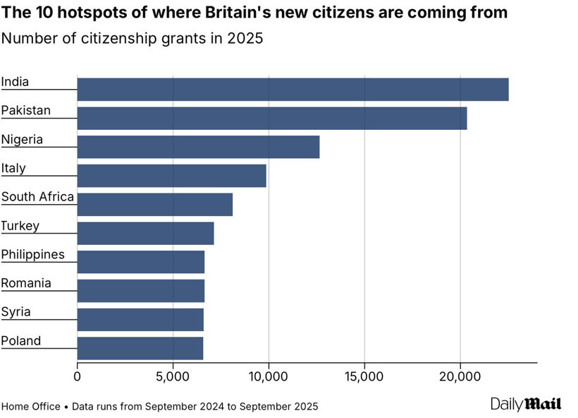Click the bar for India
pos(293,90)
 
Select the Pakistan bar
pos(271,119)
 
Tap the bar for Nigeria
pos(198,147)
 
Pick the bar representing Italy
pos(171,176)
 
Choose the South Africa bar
pos(154,204)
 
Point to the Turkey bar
pos(145,233)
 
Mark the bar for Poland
pos(140,348)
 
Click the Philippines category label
pos(32,254)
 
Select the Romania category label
pos(26,283)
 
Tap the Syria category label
pos(16,312)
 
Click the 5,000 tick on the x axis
pos(173,376)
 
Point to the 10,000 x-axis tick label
pos(269,376)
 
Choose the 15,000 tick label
pos(364,376)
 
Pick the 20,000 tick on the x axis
pos(460,376)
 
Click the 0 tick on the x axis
pos(78,376)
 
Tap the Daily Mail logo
pos(526,404)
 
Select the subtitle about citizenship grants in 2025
pos(132,38)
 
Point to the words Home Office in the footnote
pos(30,407)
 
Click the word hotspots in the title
pos(82,13)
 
